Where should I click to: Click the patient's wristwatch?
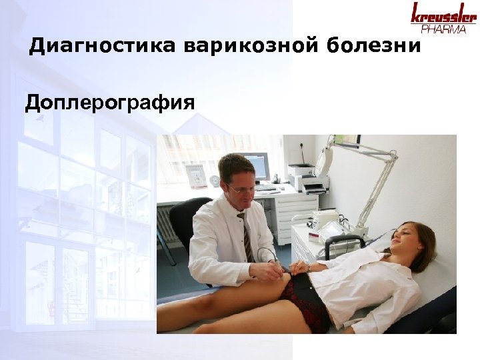[308, 267]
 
